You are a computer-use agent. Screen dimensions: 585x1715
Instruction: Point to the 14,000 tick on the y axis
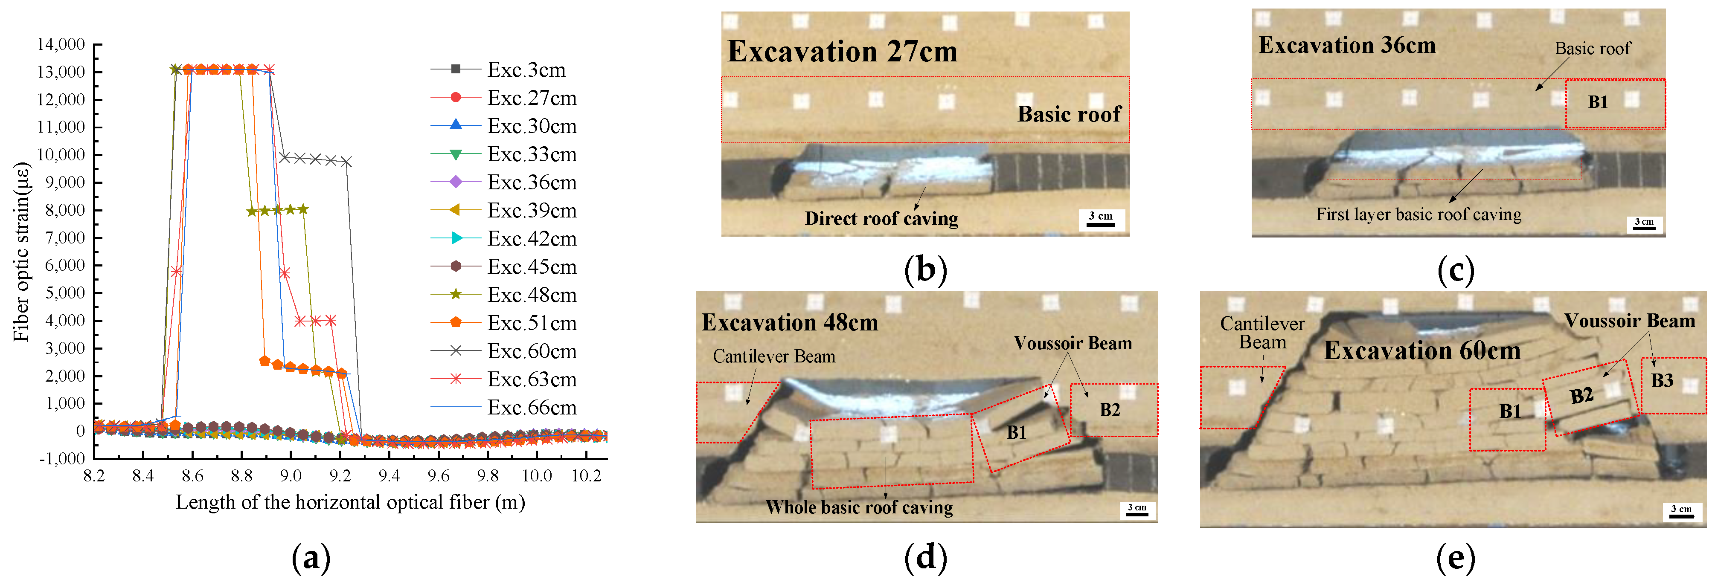(61, 45)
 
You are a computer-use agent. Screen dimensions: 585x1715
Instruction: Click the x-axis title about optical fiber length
(350, 502)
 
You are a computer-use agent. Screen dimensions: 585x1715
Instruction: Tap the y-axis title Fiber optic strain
(21, 252)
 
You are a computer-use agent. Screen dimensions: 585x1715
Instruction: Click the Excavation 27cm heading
(842, 52)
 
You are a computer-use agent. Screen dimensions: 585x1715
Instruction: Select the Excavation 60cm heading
(1422, 351)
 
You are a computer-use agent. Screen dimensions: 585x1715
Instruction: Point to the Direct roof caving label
(881, 218)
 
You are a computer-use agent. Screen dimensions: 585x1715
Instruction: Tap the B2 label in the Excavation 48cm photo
(1110, 410)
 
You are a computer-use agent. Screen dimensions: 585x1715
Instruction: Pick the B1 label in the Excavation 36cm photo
(1598, 102)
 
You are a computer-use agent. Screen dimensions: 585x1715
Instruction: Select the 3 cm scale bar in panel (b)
(1101, 220)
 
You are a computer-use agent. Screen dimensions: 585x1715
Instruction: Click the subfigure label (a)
(311, 558)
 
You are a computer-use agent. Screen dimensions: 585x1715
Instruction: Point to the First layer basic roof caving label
(1419, 214)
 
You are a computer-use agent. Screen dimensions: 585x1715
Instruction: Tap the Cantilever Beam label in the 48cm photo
(773, 357)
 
